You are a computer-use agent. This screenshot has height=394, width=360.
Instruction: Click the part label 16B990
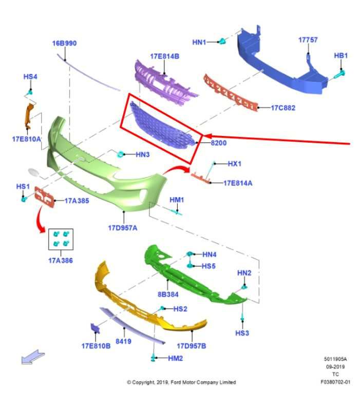(64, 43)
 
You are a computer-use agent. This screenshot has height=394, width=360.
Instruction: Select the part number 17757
(308, 40)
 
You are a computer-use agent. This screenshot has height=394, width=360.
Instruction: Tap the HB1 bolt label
(341, 55)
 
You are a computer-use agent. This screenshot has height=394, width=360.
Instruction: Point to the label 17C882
(283, 108)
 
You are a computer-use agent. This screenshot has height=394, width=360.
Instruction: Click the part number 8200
(218, 143)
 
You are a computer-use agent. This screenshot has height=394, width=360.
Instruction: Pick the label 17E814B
(164, 56)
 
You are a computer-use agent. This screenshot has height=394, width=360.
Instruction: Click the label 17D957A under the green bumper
(122, 227)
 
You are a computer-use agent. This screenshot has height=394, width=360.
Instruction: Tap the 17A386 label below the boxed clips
(61, 260)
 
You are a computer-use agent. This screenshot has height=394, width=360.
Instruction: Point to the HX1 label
(235, 164)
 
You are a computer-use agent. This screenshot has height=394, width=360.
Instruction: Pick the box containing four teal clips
(61, 239)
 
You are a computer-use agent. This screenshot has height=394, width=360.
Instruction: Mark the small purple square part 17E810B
(95, 329)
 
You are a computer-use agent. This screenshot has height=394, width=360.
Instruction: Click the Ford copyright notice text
(181, 382)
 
